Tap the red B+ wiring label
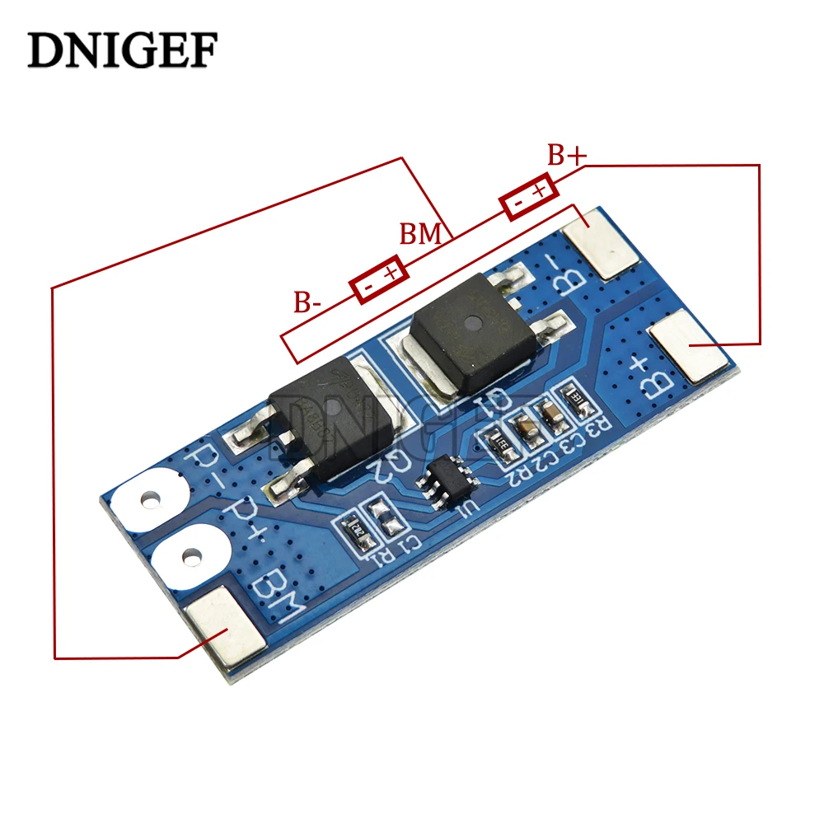pyautogui.click(x=567, y=155)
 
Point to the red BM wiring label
pyautogui.click(x=421, y=234)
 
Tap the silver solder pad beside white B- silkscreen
pyautogui.click(x=603, y=242)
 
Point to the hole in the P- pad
pyautogui.click(x=151, y=499)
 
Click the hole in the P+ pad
pyautogui.click(x=191, y=559)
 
